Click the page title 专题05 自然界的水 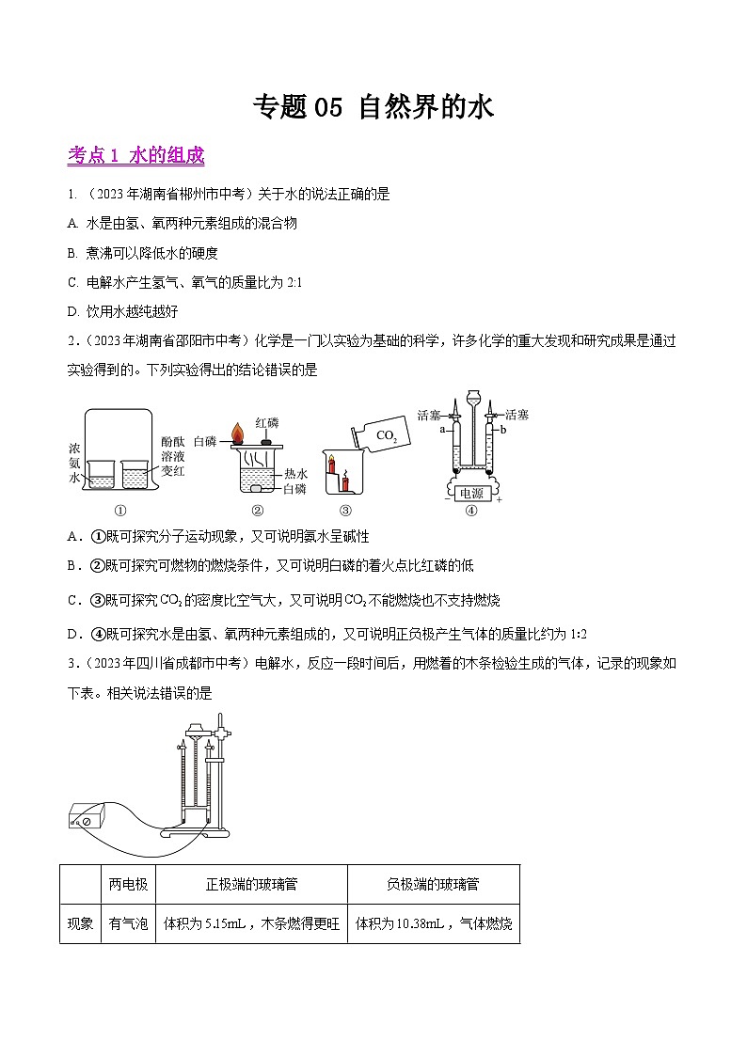click(373, 108)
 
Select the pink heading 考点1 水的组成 click(135, 156)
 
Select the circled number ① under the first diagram click(119, 512)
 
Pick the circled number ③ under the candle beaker click(344, 512)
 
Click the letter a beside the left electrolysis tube click(441, 429)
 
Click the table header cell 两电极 click(128, 885)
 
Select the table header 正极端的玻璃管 click(251, 885)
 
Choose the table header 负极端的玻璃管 click(433, 885)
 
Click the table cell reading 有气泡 click(128, 924)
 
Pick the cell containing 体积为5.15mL click(251, 924)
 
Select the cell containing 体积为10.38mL click(433, 924)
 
